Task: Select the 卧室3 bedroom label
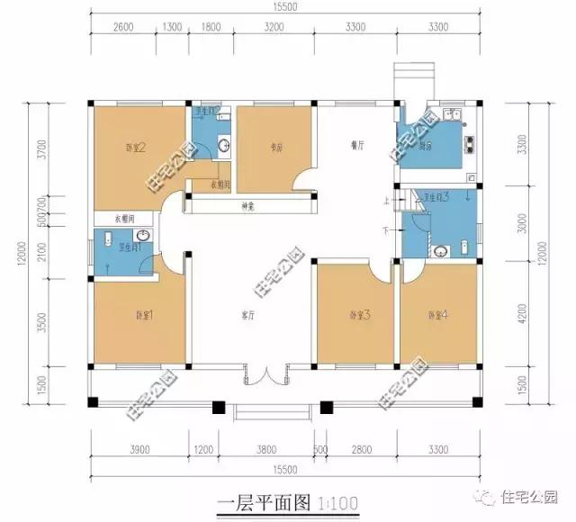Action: pyautogui.click(x=360, y=315)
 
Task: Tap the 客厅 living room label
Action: pyautogui.click(x=251, y=316)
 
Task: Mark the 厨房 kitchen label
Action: pyautogui.click(x=427, y=146)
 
